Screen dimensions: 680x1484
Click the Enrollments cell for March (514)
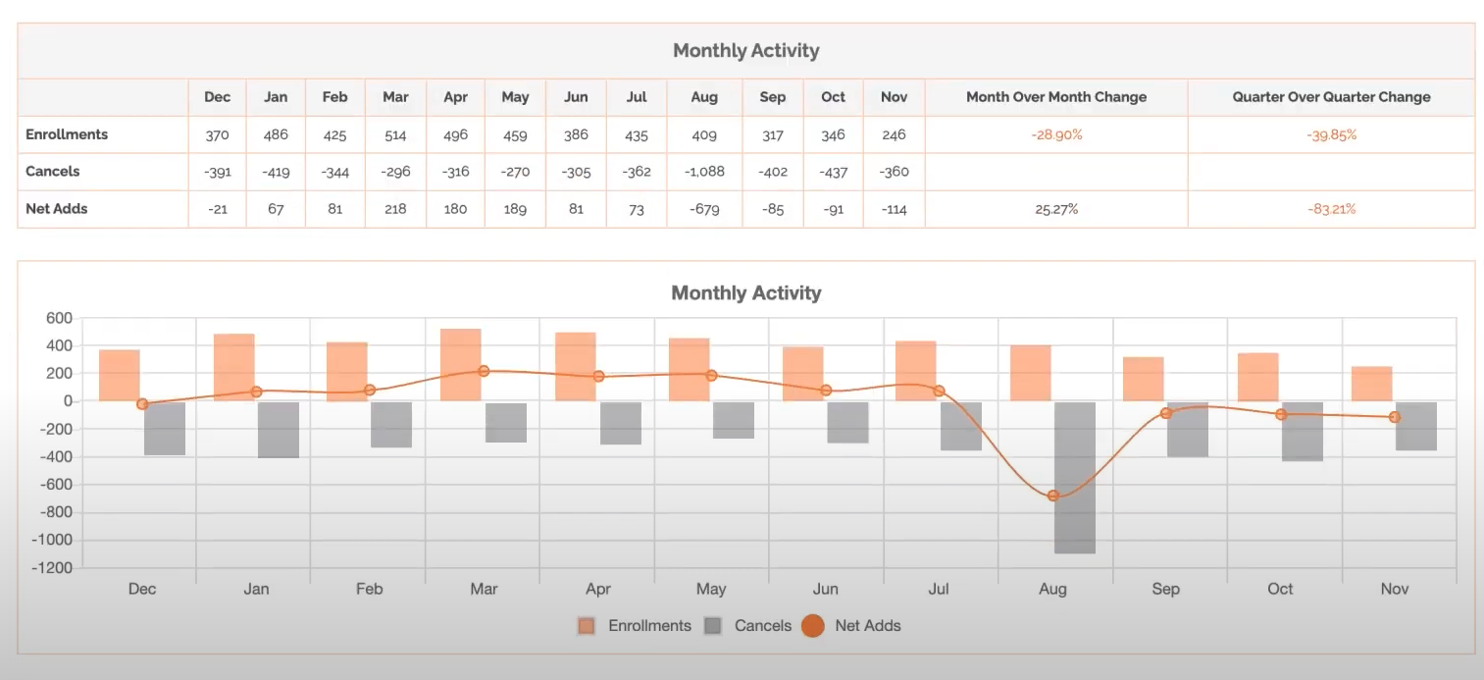[x=395, y=134]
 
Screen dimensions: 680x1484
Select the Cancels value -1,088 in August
[x=704, y=172]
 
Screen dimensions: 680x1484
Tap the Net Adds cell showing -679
[x=704, y=209]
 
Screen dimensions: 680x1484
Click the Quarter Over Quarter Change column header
[x=1331, y=97]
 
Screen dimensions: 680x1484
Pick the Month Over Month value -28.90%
[x=1056, y=134]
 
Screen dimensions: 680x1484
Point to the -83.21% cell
[x=1331, y=209]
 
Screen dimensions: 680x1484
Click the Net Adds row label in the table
[x=57, y=209]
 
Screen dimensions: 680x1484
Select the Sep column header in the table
[x=773, y=97]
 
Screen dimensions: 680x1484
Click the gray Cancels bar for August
[x=1074, y=477]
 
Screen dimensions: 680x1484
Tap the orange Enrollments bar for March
[x=461, y=364]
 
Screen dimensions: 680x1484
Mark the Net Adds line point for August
[x=1053, y=496]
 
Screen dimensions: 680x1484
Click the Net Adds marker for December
[x=142, y=404]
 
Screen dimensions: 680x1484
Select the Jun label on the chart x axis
[x=825, y=589]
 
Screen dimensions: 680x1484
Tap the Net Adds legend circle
[x=812, y=625]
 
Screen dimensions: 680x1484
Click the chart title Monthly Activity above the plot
[x=745, y=292]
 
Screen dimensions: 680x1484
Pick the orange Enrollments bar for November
[x=1371, y=384]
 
